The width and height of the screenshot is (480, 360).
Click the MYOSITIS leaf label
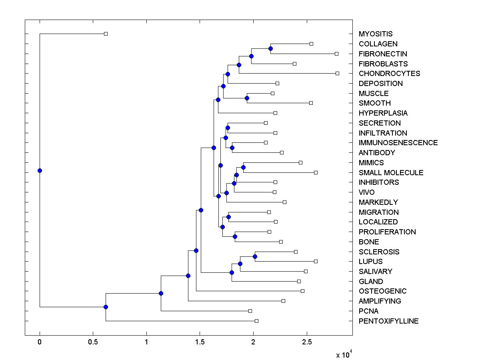click(x=376, y=34)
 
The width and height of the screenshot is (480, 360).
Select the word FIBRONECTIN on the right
click(x=383, y=54)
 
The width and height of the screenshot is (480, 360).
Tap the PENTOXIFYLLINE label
click(x=388, y=321)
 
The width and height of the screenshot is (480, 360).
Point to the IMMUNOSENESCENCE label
click(x=398, y=143)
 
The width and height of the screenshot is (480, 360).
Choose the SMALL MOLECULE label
click(x=391, y=173)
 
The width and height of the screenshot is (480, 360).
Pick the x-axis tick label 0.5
click(x=93, y=342)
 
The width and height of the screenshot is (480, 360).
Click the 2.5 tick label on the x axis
click(x=307, y=342)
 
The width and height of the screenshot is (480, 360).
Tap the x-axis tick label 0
click(x=40, y=342)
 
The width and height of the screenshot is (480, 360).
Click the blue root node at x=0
click(x=40, y=170)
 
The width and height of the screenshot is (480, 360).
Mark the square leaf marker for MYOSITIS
click(x=106, y=34)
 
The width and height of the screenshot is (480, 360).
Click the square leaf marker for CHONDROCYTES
click(x=337, y=73)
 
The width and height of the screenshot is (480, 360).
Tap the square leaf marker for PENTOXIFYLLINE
click(x=256, y=321)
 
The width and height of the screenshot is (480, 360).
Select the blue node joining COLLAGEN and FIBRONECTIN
click(x=270, y=48)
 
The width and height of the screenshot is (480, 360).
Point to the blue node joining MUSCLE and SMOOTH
click(x=247, y=98)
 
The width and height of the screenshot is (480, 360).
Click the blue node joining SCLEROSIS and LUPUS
click(x=255, y=256)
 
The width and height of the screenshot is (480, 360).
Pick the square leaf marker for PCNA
click(x=250, y=311)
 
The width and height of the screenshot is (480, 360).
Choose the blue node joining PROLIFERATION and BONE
click(x=235, y=236)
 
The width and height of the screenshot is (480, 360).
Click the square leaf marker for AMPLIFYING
click(x=283, y=301)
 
